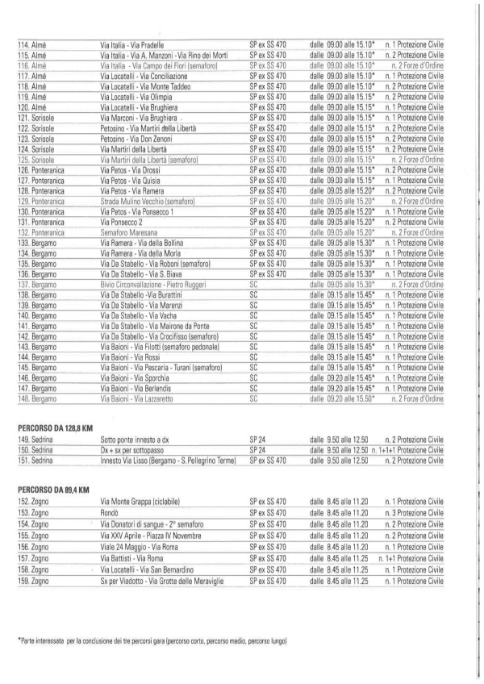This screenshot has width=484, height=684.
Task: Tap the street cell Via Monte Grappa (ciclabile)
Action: (x=150, y=502)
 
